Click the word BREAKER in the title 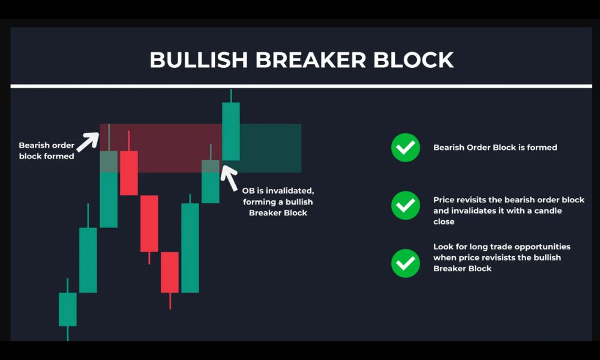coord(310,60)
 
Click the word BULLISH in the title coord(199,60)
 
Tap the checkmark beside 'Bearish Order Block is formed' coord(406,148)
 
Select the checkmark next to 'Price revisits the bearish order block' coord(406,205)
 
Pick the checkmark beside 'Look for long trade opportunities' coord(406,263)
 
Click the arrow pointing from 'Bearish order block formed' coord(88,142)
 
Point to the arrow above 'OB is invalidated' coord(229,178)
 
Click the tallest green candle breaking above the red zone coord(231,131)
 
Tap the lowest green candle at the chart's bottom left coord(68,310)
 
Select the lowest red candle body coord(170,272)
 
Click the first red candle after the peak coord(129,173)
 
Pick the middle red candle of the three coord(149,224)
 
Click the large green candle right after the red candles coord(190,248)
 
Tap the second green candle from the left coord(88,260)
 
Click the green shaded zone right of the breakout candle coord(271,148)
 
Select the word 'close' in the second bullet coord(444,222)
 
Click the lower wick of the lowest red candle coord(170,301)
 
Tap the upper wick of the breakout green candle coord(231,95)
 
